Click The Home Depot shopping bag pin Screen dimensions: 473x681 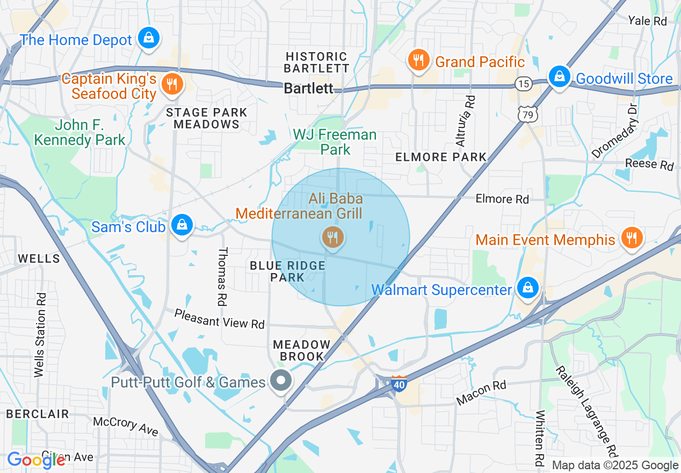pos(148,38)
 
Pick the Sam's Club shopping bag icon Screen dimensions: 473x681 pos(182,225)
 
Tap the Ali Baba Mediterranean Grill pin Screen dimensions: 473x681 pos(333,236)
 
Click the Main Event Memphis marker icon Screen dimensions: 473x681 pos(631,237)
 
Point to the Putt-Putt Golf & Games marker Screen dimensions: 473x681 pos(280,381)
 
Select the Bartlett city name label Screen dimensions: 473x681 pos(308,88)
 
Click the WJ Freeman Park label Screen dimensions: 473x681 pos(335,142)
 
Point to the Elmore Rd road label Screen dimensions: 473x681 pos(502,199)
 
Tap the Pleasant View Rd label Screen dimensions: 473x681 pos(219,319)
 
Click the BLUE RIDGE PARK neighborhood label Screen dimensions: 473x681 pos(288,271)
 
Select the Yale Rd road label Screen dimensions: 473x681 pos(647,21)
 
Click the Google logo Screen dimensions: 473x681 pos(35,460)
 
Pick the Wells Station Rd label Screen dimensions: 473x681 pos(40,334)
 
